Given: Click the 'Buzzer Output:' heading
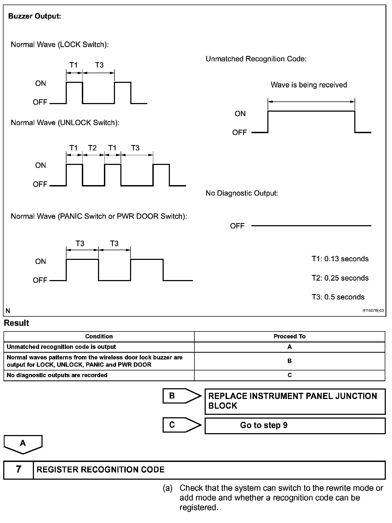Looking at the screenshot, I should tap(35, 16).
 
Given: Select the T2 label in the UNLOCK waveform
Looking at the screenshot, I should tap(92, 148).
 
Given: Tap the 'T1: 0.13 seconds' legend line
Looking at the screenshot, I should tap(340, 259).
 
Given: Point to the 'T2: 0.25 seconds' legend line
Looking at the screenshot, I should tap(340, 278).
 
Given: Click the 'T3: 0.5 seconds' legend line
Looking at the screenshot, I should tap(338, 297).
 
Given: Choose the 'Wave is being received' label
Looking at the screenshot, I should tap(309, 85).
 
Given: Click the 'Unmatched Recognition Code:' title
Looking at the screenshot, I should tap(256, 59).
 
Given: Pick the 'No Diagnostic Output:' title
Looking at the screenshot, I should tap(242, 193).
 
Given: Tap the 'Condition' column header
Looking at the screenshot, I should tap(99, 336).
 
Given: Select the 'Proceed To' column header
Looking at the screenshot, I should tap(289, 336).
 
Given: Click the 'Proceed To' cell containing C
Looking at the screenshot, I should tap(289, 375).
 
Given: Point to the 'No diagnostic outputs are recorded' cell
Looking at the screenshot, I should tap(57, 375).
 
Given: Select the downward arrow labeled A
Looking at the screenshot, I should tap(23, 444).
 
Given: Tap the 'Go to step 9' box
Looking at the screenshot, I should tap(295, 425).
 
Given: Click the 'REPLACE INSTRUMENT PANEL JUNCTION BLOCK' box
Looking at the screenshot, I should tap(295, 401).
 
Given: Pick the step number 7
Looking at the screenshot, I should tap(18, 469).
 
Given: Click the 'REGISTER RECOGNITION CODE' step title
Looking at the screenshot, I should tap(100, 470).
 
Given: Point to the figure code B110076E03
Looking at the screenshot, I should tap(373, 311).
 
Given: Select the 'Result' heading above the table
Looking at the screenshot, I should tap(16, 323).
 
